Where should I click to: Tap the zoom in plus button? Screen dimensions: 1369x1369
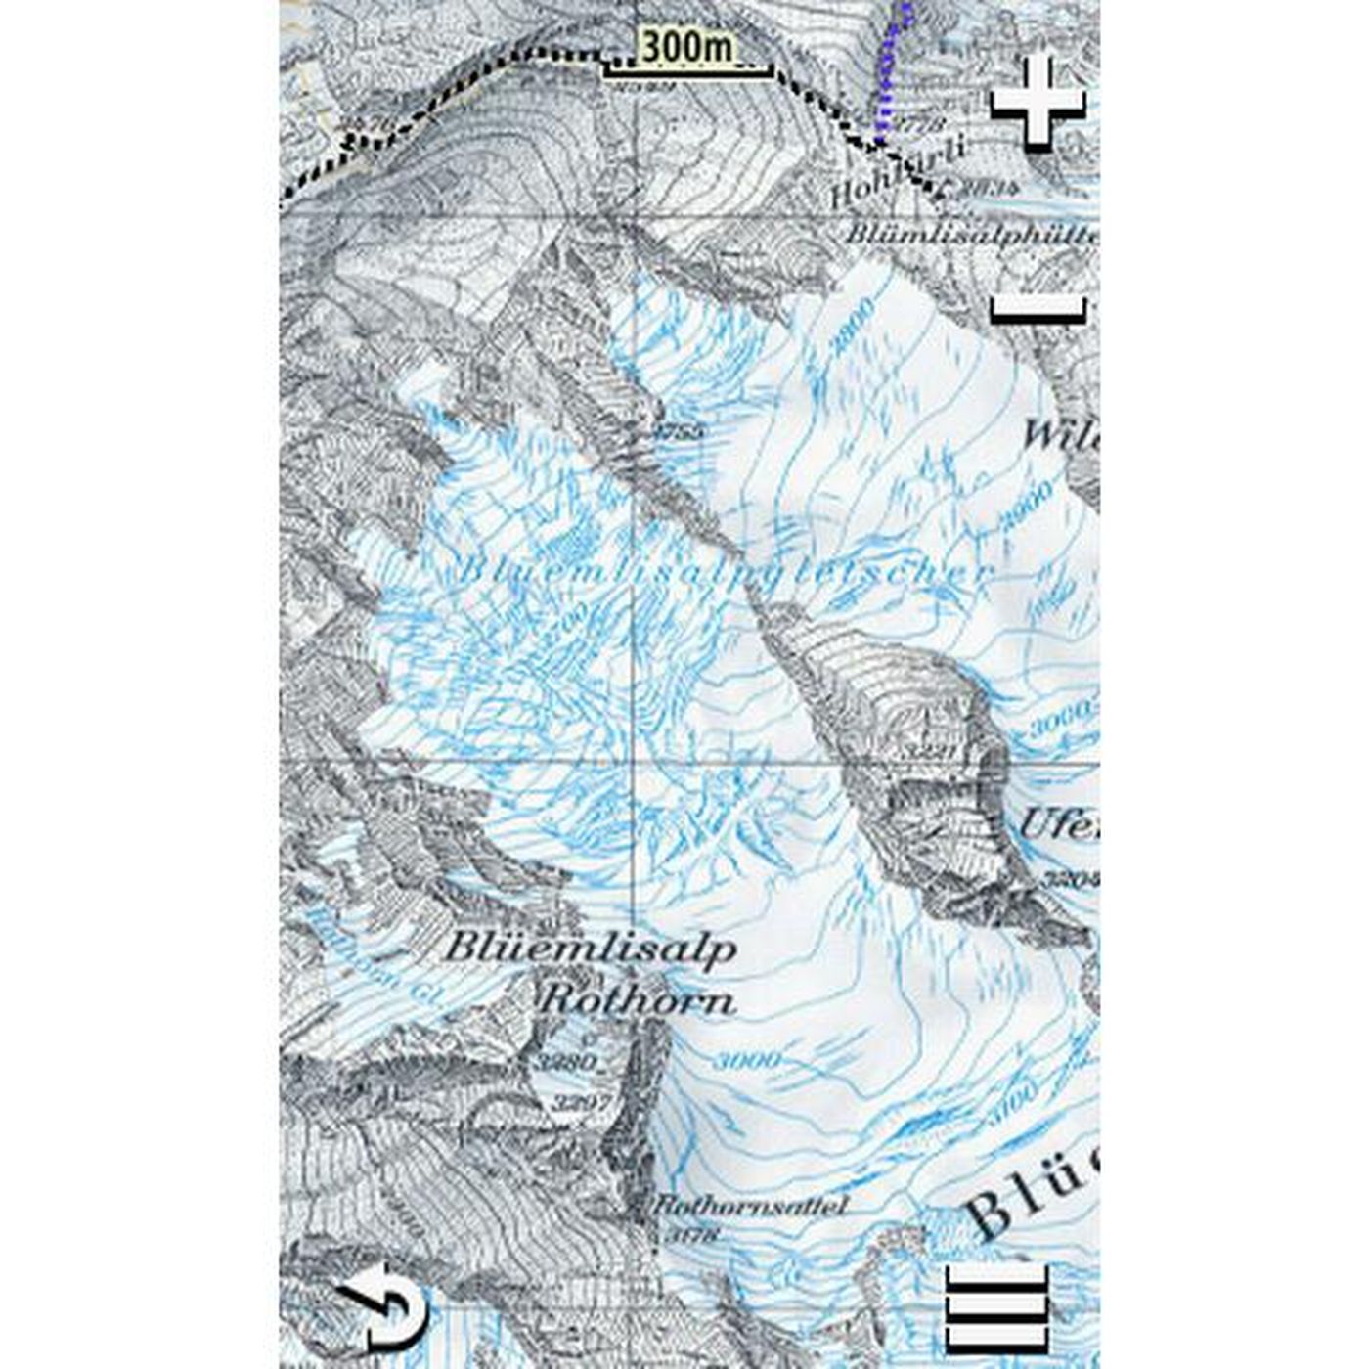[x=1038, y=103]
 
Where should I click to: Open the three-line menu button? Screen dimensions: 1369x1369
[x=996, y=1309]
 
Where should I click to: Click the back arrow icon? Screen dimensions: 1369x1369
[x=384, y=1307]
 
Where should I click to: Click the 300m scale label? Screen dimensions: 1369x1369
[x=686, y=47]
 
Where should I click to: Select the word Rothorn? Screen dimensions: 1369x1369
[x=637, y=1000]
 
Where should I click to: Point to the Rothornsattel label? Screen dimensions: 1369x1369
[x=749, y=1207]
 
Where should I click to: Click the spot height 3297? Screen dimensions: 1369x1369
[x=581, y=1102]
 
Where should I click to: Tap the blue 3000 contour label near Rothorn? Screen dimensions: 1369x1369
[x=748, y=1060]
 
